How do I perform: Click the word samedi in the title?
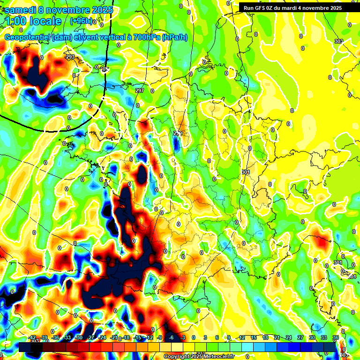(x=21, y=9)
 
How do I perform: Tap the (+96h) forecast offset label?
(x=81, y=21)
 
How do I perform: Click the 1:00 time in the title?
(x=16, y=21)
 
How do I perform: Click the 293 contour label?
(x=70, y=57)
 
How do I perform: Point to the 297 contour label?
(x=140, y=90)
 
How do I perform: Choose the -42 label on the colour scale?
(x=32, y=337)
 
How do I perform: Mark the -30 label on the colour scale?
(x=79, y=337)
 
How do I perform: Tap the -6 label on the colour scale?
(x=171, y=337)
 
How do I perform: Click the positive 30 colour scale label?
(x=312, y=337)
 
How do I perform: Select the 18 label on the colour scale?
(x=265, y=337)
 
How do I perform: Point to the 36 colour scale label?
(x=336, y=337)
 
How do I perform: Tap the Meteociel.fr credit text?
(x=218, y=356)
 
